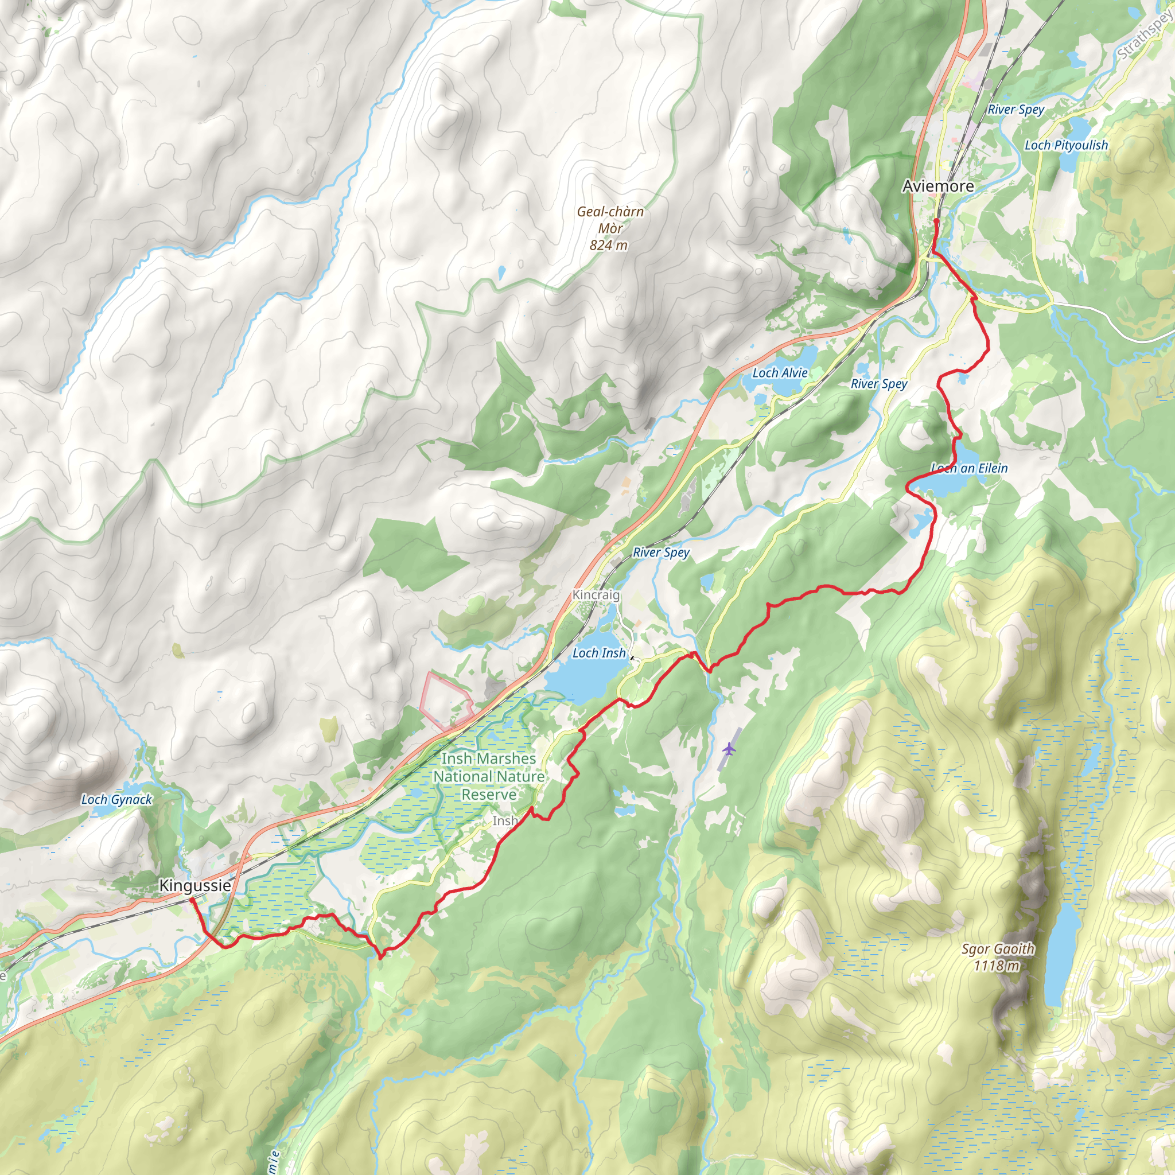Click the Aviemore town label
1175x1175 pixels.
(938, 186)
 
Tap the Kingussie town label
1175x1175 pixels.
(194, 885)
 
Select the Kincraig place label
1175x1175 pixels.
(596, 595)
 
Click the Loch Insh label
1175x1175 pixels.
(598, 652)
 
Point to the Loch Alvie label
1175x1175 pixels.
(780, 373)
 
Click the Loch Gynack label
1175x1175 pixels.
(117, 799)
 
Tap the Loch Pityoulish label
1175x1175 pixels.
(1066, 145)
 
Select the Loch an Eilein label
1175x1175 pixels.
(970, 468)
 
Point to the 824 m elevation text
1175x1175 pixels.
(608, 245)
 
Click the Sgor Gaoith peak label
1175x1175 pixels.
(997, 949)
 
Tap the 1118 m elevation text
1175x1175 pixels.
(996, 965)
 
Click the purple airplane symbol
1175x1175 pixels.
(729, 749)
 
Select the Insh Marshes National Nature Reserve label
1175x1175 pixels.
(488, 776)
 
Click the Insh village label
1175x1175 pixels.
(505, 820)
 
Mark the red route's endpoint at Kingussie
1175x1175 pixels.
(192, 899)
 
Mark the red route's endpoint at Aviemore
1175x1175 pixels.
(936, 221)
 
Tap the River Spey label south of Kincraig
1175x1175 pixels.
(660, 553)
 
